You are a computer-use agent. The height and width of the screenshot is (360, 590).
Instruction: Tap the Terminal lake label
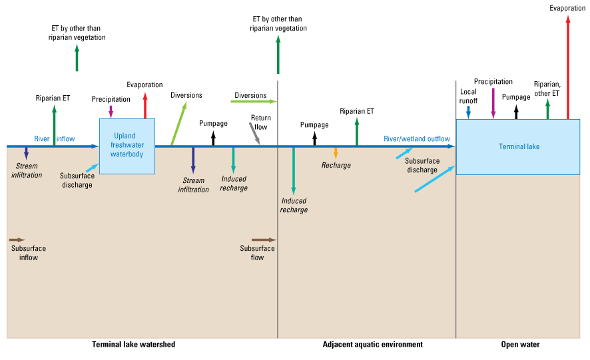click(519, 146)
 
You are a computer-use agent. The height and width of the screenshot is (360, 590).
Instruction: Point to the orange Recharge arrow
click(336, 152)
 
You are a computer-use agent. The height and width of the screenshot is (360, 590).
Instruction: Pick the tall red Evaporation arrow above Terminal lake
click(567, 67)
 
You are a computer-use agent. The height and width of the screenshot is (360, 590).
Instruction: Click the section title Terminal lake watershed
click(133, 344)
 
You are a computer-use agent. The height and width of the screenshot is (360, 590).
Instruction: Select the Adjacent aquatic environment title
click(372, 344)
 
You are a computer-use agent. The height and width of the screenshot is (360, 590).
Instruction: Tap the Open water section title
click(520, 344)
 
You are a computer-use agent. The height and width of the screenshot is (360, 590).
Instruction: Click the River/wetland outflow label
click(416, 139)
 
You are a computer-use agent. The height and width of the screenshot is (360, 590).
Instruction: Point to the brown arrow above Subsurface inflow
click(17, 239)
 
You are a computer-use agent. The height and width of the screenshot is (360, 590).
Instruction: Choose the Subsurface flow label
click(257, 253)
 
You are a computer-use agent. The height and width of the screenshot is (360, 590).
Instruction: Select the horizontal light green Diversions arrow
click(253, 101)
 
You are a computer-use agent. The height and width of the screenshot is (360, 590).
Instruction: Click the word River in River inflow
click(43, 138)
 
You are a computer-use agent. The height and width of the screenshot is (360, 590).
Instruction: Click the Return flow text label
click(260, 122)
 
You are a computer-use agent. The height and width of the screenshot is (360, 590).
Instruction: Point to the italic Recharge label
click(336, 165)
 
